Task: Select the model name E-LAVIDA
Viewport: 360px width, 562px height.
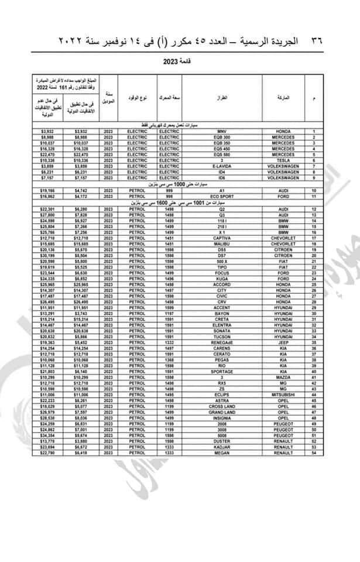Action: (x=221, y=165)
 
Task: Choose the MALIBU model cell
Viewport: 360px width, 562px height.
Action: (x=221, y=244)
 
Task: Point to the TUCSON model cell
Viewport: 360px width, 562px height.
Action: (x=221, y=338)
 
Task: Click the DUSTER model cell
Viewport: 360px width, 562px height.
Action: (x=221, y=442)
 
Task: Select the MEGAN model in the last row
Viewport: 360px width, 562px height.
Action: (x=221, y=453)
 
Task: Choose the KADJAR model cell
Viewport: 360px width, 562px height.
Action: (x=221, y=447)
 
